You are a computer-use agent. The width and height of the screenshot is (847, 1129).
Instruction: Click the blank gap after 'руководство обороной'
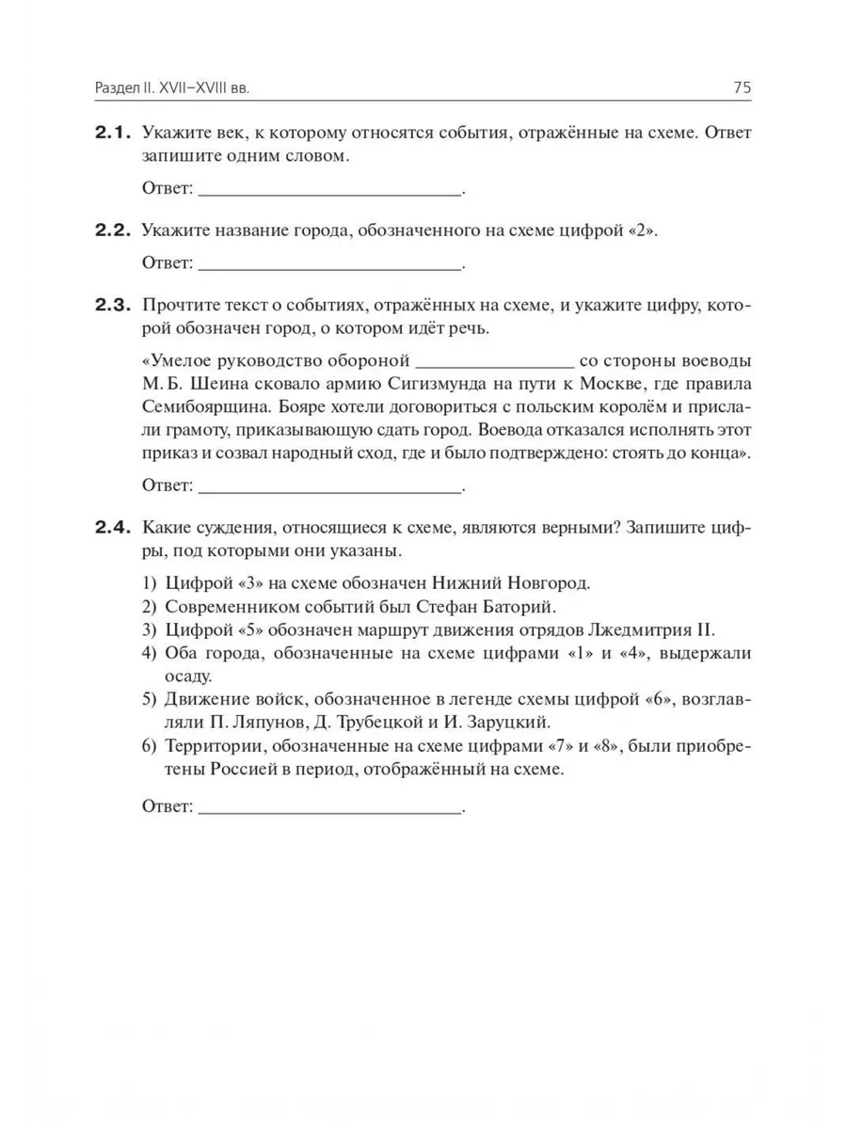pyautogui.click(x=493, y=363)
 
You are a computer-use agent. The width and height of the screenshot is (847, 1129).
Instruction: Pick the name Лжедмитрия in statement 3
pyautogui.click(x=625, y=629)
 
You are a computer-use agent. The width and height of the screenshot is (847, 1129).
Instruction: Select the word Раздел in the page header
pyautogui.click(x=119, y=88)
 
